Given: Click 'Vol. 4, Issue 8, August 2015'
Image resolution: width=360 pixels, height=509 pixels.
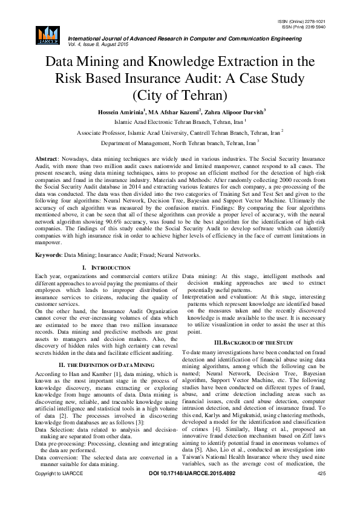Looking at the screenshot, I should point(90,45).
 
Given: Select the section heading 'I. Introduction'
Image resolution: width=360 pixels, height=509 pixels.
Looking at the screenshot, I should point(105,267).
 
